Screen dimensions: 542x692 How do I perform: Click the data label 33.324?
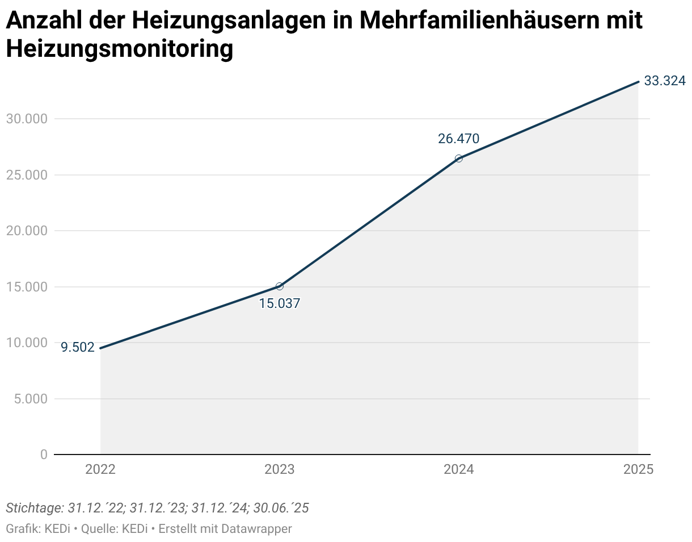click(664, 81)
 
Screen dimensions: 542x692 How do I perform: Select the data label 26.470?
click(458, 139)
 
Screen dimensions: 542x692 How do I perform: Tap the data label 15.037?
click(279, 303)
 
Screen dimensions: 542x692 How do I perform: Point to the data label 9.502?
click(78, 348)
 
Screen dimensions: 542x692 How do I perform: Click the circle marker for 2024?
click(458, 159)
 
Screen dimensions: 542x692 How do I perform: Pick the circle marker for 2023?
click(279, 286)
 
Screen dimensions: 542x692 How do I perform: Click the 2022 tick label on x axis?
click(100, 470)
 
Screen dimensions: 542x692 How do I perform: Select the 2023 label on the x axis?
click(279, 470)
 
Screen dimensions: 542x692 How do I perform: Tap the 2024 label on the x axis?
click(458, 470)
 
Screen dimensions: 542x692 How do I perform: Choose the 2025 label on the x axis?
click(638, 470)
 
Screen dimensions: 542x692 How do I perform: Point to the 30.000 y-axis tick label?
click(27, 119)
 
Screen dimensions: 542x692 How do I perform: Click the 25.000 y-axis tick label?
click(27, 175)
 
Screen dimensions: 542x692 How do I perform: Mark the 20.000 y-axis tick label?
click(27, 231)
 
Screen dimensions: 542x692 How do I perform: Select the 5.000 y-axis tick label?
click(31, 399)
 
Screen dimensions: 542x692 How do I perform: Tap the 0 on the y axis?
click(44, 455)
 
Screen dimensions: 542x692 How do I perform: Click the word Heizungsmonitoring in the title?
click(120, 49)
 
